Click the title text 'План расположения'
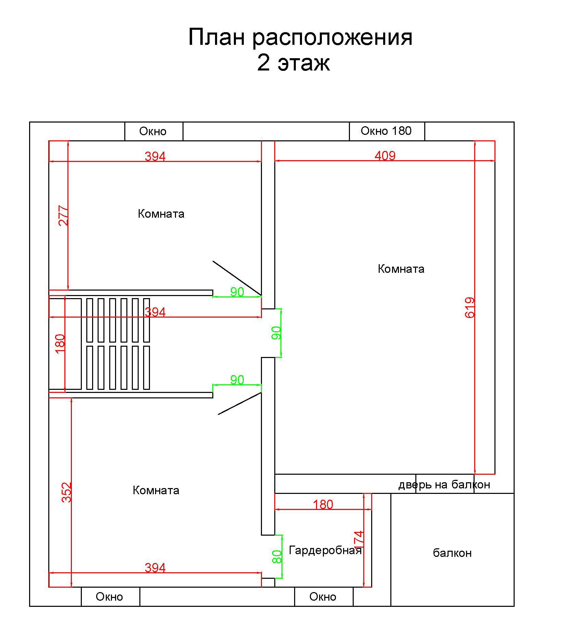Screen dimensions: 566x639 point(300,37)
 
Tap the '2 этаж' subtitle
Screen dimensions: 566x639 point(293,63)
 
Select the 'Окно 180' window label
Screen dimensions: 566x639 point(386,131)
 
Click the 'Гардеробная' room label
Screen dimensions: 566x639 point(325,550)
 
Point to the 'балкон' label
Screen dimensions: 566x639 point(452,553)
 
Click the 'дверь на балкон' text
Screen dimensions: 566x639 point(444,485)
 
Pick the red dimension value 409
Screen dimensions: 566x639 point(385,156)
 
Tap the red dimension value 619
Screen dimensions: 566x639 point(470,307)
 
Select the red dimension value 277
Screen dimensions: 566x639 point(64,215)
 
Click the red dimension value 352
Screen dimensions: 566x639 point(67,492)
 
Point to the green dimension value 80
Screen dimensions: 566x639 point(277,557)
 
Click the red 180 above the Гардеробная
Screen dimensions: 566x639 point(323,504)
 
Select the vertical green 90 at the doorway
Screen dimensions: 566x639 point(276,333)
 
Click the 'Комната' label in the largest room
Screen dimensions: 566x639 point(401,269)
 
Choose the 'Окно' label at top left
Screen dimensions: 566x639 point(153,131)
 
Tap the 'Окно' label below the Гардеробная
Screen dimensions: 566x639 point(323,597)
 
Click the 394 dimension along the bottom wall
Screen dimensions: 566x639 point(155,568)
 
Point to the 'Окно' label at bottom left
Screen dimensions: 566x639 point(109,597)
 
